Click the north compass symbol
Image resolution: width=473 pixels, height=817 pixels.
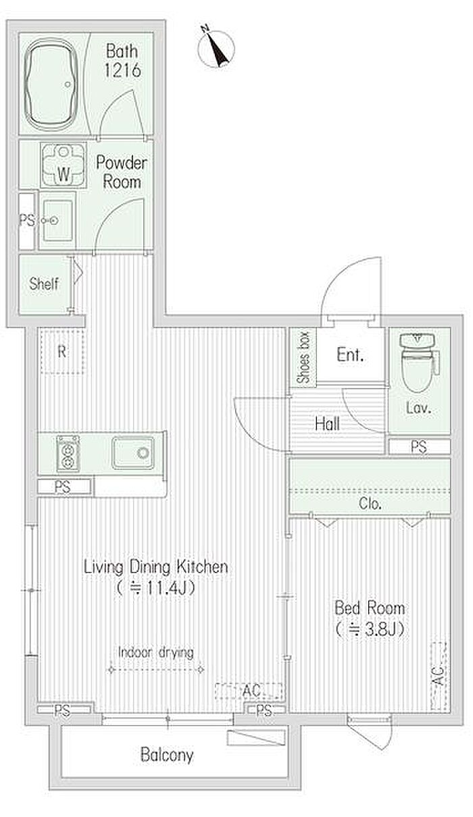click(x=216, y=48)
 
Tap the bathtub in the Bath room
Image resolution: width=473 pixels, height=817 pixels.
click(x=52, y=84)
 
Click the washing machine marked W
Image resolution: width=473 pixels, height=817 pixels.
click(x=64, y=165)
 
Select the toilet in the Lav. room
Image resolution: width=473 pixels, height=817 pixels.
click(x=418, y=362)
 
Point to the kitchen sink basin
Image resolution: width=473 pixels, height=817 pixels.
click(x=132, y=452)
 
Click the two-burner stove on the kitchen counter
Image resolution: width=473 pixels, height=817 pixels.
click(x=68, y=453)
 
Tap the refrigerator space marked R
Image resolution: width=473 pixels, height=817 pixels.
click(x=62, y=352)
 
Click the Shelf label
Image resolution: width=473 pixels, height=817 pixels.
click(x=44, y=284)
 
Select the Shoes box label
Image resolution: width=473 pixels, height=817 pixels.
click(x=303, y=357)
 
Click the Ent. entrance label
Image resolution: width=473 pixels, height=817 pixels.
click(x=350, y=354)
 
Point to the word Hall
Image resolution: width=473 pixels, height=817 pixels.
click(x=327, y=423)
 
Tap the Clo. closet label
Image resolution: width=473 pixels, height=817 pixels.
click(x=370, y=503)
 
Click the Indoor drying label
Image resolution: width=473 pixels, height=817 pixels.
click(x=156, y=652)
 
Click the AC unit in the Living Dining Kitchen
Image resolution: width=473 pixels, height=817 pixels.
click(x=249, y=691)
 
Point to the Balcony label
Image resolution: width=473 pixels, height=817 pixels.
click(x=167, y=755)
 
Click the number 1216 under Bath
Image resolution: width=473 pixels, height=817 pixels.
click(x=122, y=70)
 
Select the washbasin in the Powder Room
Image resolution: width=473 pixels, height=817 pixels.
click(x=57, y=220)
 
